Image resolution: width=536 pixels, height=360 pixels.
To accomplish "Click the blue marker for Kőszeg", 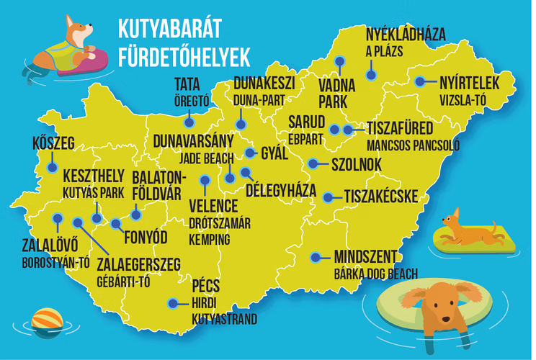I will coord(52,166).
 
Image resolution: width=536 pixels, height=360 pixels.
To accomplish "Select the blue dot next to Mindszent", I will coord(316,256).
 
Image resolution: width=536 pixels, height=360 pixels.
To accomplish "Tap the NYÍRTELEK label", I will coord(469,83).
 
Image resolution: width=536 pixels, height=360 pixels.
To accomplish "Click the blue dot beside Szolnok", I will coord(312,163).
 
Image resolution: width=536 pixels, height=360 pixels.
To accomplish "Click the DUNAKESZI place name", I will coord(264,83).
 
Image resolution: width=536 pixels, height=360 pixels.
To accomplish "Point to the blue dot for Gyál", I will coord(250,153).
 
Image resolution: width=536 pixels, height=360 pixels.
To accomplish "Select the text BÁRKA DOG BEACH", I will coord(375,273).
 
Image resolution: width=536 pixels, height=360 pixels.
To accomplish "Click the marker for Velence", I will coord(205,181).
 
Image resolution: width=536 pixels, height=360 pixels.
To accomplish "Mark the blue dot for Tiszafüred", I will coord(349,130).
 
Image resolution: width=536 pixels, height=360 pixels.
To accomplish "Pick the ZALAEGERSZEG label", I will coord(138,264).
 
